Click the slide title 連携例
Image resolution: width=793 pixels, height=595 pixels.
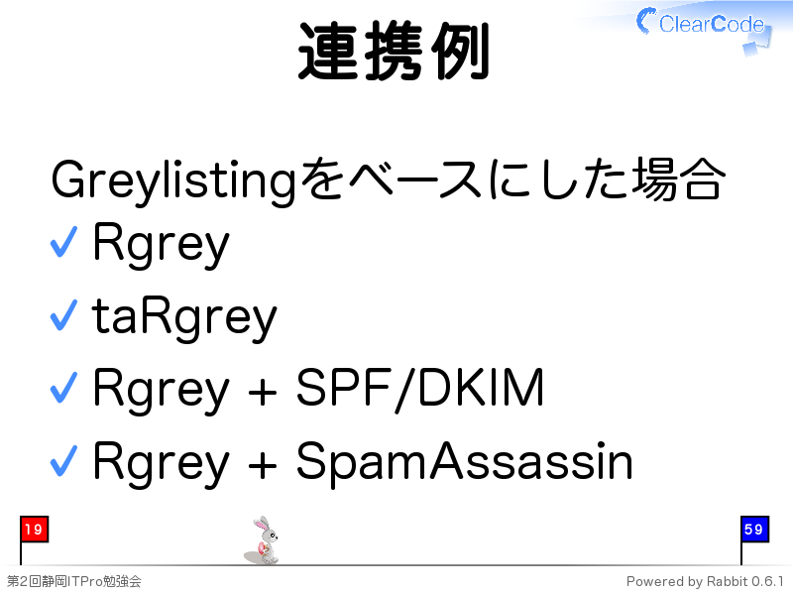394,52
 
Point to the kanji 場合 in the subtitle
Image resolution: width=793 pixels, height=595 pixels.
679,178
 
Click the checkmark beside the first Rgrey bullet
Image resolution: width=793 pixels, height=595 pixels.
64,241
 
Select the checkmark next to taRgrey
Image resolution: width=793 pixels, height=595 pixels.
64,315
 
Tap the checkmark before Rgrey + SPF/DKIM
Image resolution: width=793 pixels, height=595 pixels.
64,388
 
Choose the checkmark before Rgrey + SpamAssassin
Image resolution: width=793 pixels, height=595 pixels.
64,460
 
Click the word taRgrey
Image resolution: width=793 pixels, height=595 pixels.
184,317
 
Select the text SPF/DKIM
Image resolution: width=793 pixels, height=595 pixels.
419,389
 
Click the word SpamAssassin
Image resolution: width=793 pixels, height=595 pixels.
464,461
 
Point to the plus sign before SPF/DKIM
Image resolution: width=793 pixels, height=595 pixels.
263,392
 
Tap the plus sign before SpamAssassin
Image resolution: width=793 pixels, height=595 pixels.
263,465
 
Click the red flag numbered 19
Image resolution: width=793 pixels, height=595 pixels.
34,530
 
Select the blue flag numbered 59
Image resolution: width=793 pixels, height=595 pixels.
754,530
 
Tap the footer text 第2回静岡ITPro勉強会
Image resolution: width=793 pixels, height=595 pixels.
73,581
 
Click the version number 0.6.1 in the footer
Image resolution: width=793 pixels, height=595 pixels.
767,581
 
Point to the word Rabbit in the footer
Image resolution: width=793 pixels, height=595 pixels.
728,581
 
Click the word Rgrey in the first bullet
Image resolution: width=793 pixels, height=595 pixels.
161,244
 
